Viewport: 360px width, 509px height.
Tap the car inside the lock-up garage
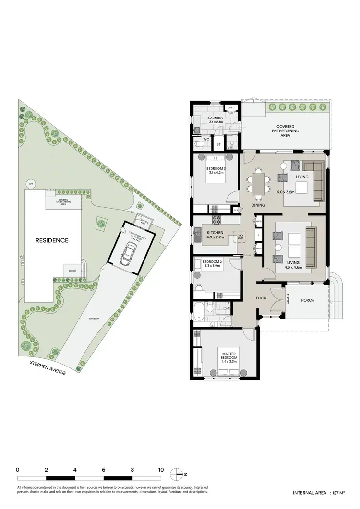coord(128,253)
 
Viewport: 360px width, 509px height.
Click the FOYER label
coord(261,298)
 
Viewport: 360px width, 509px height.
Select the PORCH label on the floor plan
coord(307,300)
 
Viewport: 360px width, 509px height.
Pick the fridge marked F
coord(259,235)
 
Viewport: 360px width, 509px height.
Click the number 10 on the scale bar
coord(161,470)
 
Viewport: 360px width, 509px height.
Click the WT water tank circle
coord(31,184)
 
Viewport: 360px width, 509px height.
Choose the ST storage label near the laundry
coord(218,143)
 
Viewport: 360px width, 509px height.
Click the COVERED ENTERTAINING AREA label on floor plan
coord(285,130)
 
